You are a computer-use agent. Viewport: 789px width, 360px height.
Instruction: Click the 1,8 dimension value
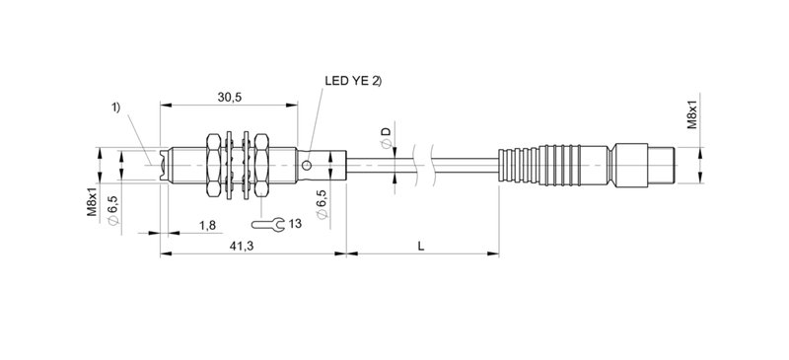pos(208,225)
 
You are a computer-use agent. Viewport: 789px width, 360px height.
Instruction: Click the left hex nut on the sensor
pos(214,164)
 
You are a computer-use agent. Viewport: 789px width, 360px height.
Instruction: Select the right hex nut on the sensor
pos(261,164)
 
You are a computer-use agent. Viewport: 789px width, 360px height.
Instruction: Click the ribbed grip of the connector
pos(538,164)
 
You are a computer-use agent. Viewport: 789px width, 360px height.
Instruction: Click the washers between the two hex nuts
pos(237,164)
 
